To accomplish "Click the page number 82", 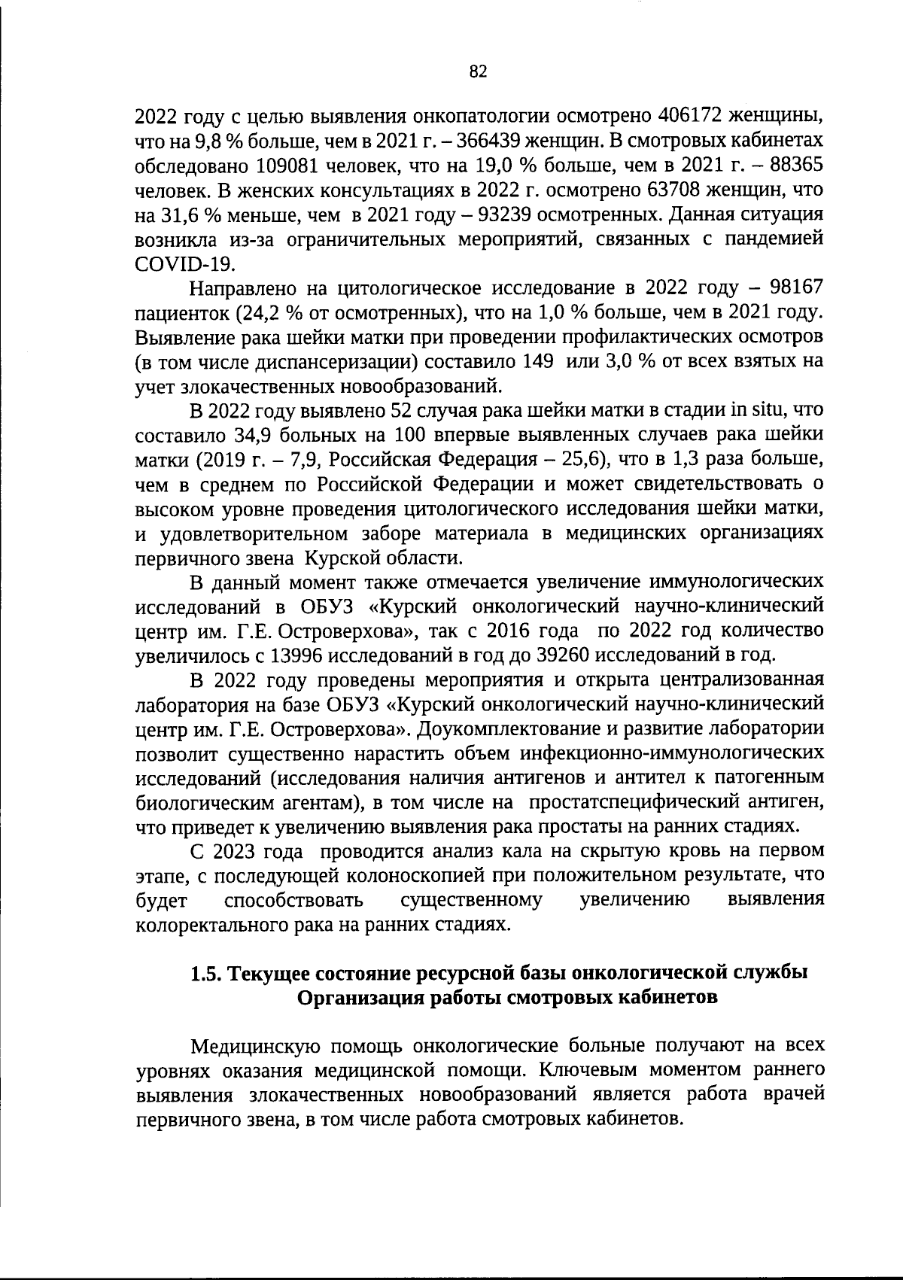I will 478,71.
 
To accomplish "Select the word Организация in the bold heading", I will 359,997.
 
